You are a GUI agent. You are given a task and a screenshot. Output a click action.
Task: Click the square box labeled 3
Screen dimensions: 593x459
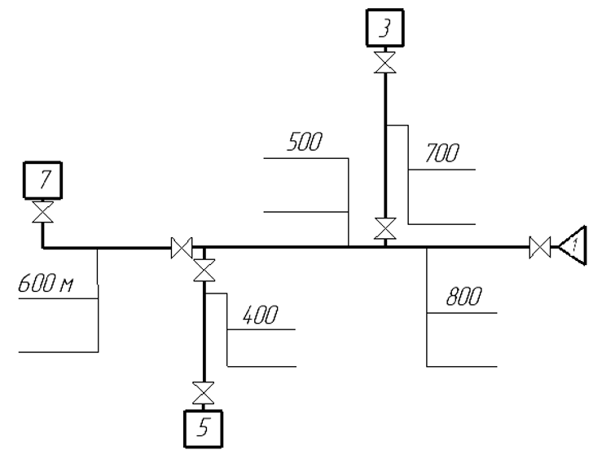point(385,28)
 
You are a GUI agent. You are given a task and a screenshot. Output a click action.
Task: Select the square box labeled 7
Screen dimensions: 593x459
point(42,180)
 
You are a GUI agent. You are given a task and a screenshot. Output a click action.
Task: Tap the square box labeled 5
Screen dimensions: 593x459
point(203,429)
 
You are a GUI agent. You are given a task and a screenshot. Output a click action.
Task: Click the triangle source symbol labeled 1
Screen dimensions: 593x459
point(573,246)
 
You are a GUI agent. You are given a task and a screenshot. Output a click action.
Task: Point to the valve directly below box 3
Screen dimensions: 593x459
point(385,62)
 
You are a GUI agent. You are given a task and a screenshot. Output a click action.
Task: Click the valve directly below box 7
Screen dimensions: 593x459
point(42,212)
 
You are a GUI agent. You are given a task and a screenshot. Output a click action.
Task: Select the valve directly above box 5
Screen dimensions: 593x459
point(203,393)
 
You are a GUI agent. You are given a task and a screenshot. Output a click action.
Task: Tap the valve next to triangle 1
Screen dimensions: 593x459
point(540,248)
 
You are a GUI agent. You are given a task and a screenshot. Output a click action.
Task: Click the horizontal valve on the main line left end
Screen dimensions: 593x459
point(182,248)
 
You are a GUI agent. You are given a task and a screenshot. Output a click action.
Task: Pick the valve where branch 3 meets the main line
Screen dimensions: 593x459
point(385,228)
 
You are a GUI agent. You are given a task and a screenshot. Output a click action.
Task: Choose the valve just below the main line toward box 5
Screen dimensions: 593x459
point(204,270)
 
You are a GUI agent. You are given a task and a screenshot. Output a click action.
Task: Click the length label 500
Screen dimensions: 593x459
point(305,142)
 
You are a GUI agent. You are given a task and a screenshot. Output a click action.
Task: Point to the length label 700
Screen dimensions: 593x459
point(441,153)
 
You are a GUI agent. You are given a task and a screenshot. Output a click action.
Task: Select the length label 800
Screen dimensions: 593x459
point(464,296)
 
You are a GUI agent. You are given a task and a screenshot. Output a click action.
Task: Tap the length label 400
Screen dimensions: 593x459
point(260,315)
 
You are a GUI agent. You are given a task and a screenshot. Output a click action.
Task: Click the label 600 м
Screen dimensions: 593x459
point(46,283)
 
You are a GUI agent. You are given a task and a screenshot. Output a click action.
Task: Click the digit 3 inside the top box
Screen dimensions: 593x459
point(385,28)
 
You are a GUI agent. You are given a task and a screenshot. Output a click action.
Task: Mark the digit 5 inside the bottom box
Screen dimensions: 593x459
point(204,428)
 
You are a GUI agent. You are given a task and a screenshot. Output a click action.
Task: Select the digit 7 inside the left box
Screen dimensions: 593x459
point(45,179)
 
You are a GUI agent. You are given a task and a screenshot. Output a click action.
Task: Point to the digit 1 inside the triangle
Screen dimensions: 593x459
point(574,245)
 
